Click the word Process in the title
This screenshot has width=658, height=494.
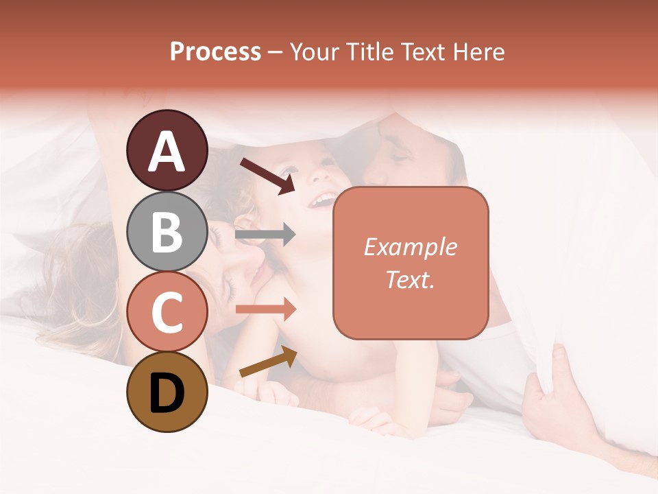(x=215, y=52)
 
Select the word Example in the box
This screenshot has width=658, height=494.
(x=410, y=247)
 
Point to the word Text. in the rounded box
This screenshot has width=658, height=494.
(x=410, y=279)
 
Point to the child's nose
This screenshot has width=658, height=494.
(x=316, y=180)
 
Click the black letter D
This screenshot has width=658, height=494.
(x=167, y=393)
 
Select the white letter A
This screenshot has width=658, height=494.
(x=167, y=151)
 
